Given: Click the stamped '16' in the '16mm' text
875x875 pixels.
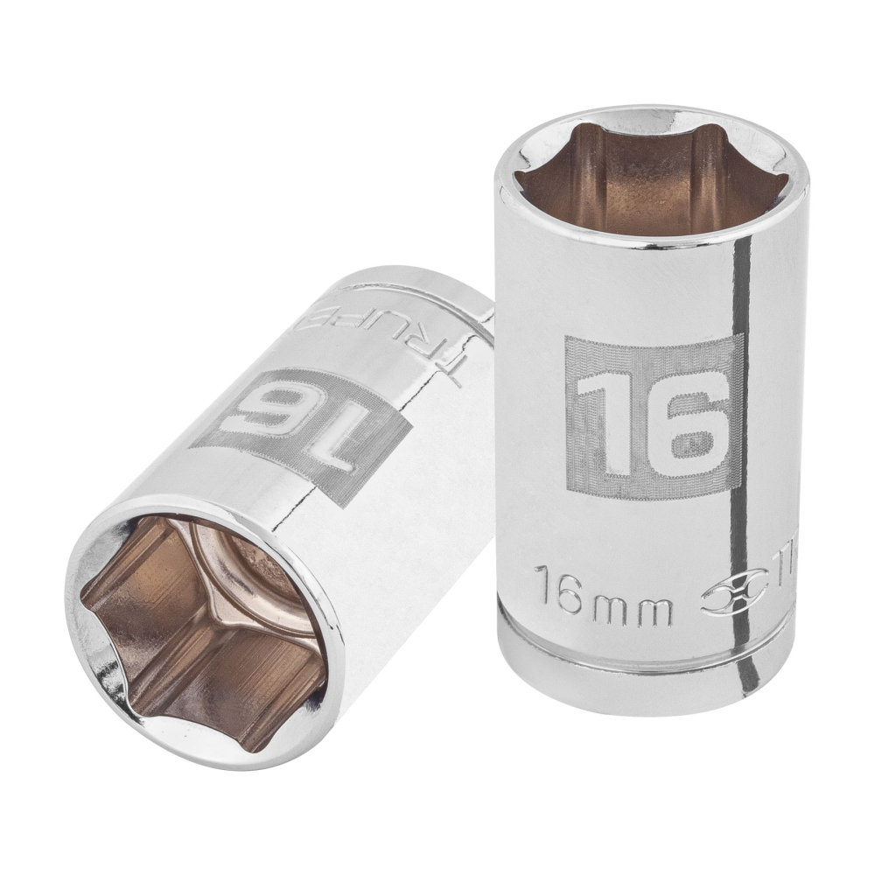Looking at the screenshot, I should [556, 602].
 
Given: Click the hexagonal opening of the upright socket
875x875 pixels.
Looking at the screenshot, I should [652, 179].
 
